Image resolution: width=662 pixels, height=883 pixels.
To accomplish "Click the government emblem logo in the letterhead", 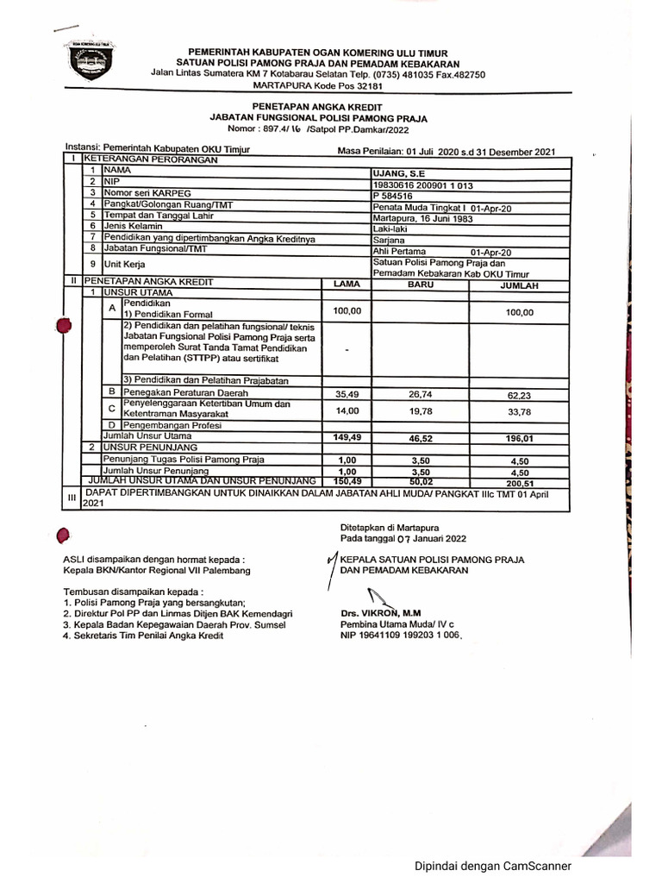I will (x=91, y=62).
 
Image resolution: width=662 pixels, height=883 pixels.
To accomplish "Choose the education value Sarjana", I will (x=389, y=239).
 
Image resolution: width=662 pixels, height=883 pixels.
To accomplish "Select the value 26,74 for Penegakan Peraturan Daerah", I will (x=420, y=394).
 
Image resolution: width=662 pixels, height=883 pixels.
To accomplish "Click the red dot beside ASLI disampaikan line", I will (x=61, y=536).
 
